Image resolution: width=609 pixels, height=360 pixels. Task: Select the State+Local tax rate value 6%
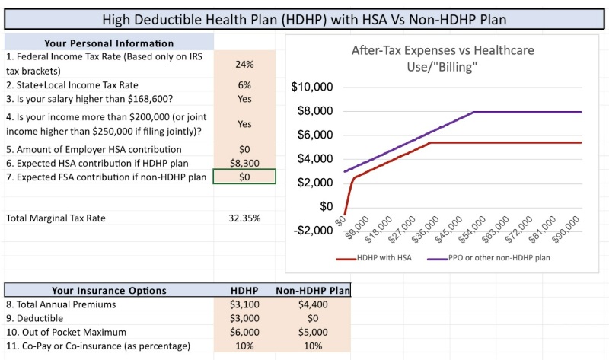244,85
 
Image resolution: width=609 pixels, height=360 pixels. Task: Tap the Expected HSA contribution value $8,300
244,163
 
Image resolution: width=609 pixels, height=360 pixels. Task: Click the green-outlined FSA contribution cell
244,177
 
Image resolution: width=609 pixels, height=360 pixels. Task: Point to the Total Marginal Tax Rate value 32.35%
244,218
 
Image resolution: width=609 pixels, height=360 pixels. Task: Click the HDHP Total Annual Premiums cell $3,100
244,304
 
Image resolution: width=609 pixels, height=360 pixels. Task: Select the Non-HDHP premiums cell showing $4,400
311,304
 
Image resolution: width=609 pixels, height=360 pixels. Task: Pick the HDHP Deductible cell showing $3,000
244,318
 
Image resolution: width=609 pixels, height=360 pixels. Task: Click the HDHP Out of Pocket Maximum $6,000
244,332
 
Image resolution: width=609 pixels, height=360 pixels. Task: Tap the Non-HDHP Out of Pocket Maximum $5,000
311,332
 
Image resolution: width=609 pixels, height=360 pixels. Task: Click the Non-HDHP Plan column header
311,290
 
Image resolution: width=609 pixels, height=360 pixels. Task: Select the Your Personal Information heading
109,43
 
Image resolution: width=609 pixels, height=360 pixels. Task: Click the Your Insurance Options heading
109,290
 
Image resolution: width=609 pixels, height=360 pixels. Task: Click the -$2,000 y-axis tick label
313,231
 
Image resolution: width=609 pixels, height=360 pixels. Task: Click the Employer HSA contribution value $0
244,149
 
